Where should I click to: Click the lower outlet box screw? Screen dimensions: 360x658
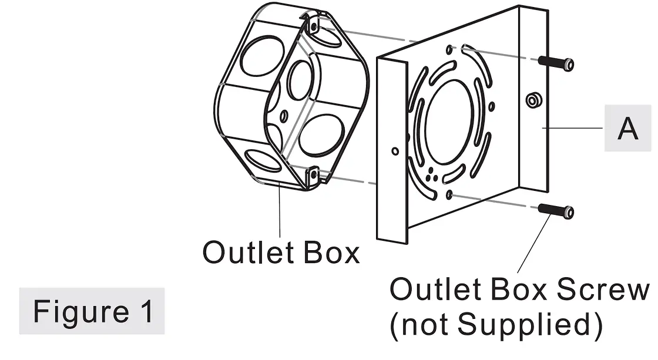(x=555, y=211)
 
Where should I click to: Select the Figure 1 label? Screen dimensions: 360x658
(x=92, y=311)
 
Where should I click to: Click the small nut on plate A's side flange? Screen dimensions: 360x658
(x=532, y=100)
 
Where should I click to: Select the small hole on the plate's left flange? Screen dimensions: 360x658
(x=394, y=151)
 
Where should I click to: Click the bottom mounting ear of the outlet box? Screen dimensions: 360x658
(x=314, y=174)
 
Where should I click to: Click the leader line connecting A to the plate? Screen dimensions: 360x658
(x=573, y=128)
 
